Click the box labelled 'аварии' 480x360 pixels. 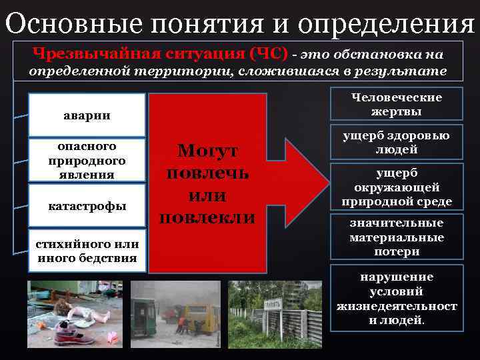coord(87,116)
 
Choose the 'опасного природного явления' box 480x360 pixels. coord(87,160)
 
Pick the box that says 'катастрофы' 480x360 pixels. coord(87,206)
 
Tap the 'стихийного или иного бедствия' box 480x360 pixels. coord(87,251)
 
